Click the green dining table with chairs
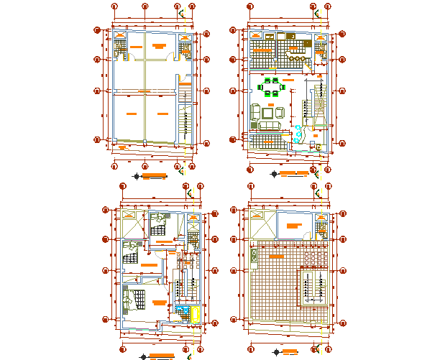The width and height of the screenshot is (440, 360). click(272, 88)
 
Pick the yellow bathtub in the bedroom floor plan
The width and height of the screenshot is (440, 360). click(195, 313)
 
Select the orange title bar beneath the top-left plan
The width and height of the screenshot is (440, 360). click(152, 175)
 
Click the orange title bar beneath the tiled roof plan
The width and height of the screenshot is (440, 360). click(291, 352)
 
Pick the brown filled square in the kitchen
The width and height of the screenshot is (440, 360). click(291, 35)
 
